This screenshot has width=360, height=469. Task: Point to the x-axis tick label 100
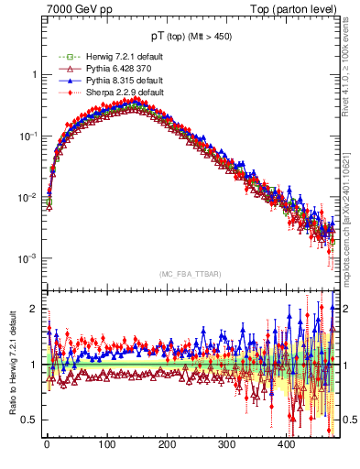click(106, 444)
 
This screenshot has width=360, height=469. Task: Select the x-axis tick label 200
click(167, 444)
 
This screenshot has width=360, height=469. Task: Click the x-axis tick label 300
click(226, 444)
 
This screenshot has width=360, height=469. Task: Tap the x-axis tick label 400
click(287, 444)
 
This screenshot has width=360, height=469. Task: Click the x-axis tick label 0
click(47, 444)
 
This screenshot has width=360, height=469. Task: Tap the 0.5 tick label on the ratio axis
click(31, 420)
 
